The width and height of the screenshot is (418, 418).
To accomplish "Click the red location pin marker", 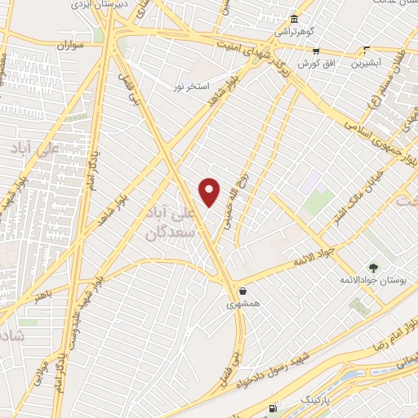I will coord(210,192).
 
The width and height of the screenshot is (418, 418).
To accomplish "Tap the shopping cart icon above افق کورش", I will coord(315,51).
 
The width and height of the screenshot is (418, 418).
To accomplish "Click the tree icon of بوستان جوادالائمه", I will coord(373,267).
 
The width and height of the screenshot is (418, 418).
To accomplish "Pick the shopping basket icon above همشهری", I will coord(242,291).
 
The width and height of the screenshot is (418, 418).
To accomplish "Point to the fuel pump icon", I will coord(272,408).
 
